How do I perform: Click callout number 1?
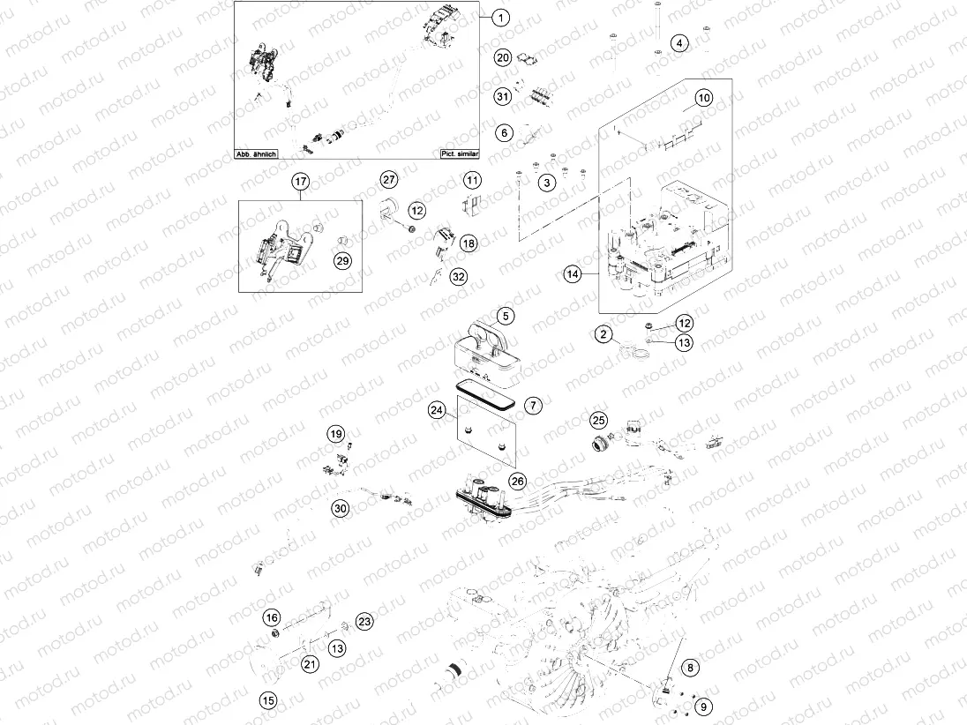click(x=500, y=17)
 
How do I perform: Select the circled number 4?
click(x=678, y=42)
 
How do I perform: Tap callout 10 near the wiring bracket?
click(x=702, y=99)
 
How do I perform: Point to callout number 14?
click(x=573, y=275)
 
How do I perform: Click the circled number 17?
click(x=300, y=182)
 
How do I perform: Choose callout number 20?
click(x=503, y=58)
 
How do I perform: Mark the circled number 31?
click(x=503, y=95)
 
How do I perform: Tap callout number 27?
click(x=389, y=180)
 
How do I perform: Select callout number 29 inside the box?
click(x=341, y=259)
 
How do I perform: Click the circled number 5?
click(x=504, y=315)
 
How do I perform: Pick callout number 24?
click(x=436, y=410)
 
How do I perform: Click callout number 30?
click(x=341, y=508)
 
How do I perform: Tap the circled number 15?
click(x=267, y=700)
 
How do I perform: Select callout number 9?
click(x=702, y=706)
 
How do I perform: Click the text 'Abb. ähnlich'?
click(x=256, y=153)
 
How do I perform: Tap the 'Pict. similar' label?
click(x=459, y=153)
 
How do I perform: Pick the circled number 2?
click(x=603, y=334)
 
